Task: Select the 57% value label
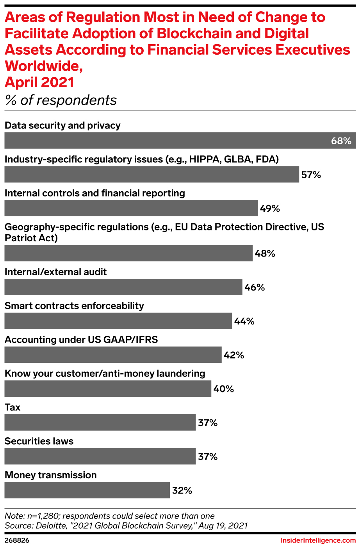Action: tap(311, 175)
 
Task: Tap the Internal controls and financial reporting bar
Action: tap(131, 208)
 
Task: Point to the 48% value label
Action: tap(265, 253)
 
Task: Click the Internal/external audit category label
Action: tap(55, 272)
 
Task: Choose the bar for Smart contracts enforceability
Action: tap(118, 321)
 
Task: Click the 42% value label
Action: tap(234, 355)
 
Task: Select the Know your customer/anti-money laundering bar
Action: tap(108, 389)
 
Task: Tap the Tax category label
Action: tap(12, 407)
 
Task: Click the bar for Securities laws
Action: tap(100, 456)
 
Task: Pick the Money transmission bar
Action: tap(87, 490)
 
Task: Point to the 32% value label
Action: tap(182, 490)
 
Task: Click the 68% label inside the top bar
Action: tap(341, 141)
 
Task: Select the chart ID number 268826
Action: tap(17, 540)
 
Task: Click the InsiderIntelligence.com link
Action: tap(318, 540)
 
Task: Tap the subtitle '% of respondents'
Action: tap(61, 100)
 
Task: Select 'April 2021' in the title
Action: tap(39, 82)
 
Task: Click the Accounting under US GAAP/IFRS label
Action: tap(81, 339)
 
